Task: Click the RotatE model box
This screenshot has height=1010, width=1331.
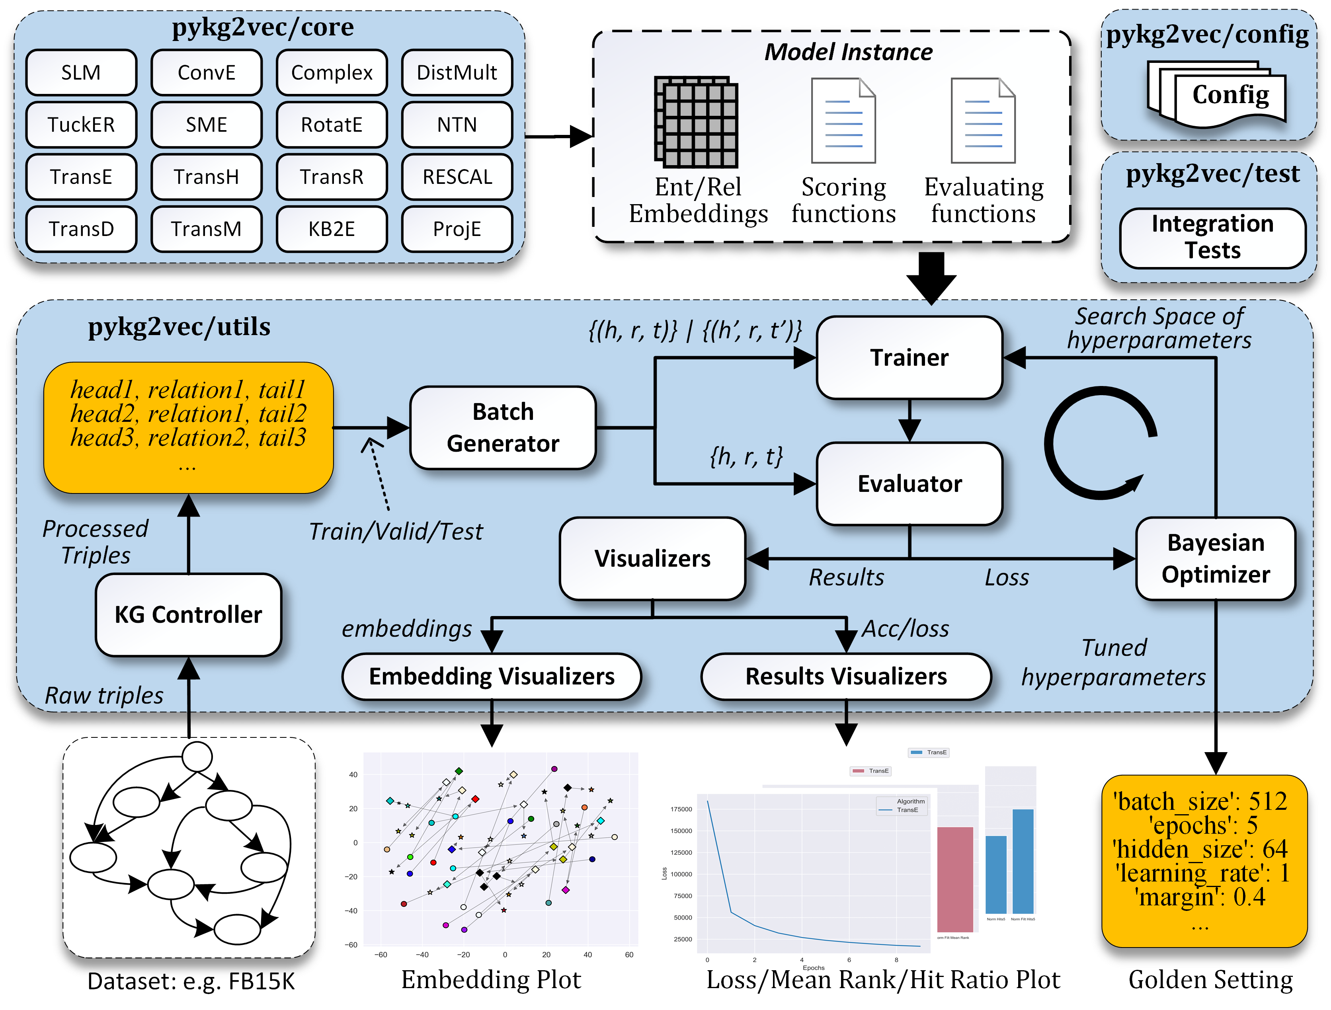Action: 332,125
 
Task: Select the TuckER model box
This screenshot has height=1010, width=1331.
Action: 81,125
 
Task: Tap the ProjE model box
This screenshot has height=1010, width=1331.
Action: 457,228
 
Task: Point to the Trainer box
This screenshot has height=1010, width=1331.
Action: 909,358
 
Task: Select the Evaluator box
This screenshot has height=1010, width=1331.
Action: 909,484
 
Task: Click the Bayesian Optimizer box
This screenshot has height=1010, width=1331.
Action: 1216,558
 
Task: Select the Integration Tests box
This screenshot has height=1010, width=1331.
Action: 1212,238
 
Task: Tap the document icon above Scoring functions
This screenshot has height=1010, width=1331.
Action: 843,121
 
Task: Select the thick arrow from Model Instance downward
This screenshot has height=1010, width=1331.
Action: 931,277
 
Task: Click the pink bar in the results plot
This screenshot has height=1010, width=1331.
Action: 955,879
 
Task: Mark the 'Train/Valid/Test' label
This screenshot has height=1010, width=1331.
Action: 395,532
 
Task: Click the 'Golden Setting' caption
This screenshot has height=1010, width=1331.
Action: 1210,980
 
